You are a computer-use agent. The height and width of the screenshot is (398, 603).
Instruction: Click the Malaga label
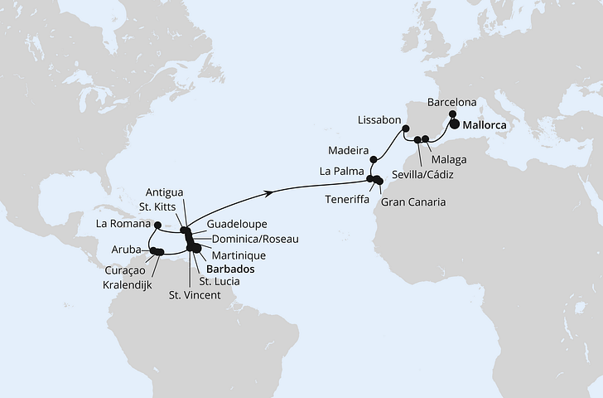point(449,159)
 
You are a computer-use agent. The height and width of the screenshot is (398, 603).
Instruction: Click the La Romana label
point(124,224)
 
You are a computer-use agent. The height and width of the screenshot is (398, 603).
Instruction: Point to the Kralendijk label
point(134,283)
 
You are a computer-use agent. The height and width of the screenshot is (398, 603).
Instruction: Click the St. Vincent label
point(195,295)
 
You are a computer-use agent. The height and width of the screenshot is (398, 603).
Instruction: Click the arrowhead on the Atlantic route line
point(269,192)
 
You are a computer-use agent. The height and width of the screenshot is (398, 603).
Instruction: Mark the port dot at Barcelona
point(452,115)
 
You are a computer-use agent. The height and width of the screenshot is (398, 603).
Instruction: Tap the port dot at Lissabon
point(406,129)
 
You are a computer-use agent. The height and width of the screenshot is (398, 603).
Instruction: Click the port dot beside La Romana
point(157,224)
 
